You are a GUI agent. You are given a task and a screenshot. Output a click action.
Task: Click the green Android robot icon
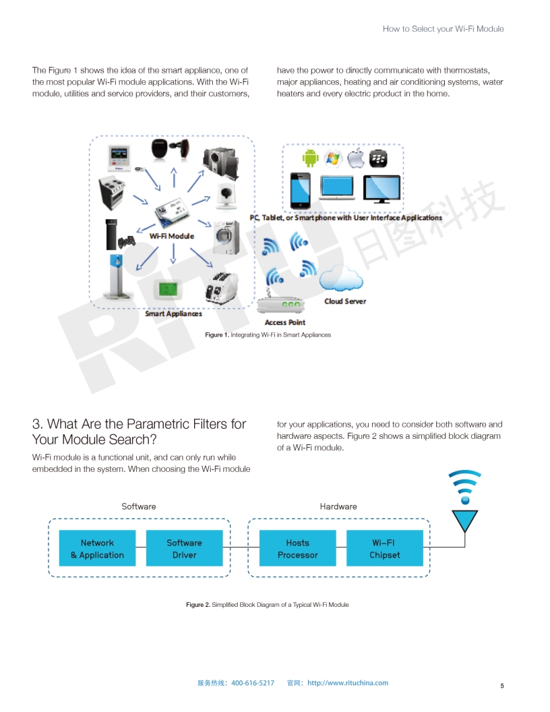pos(311,158)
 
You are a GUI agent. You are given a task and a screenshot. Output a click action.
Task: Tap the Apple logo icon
pos(356,158)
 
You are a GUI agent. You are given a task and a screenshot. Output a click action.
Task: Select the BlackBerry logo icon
pos(378,158)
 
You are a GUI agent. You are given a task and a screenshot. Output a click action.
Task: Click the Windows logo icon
pos(333,158)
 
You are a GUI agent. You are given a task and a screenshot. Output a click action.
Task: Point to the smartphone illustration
pos(301,190)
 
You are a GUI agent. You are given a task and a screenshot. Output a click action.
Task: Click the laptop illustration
pos(337,187)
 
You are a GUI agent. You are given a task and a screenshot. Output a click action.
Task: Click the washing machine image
pos(226,238)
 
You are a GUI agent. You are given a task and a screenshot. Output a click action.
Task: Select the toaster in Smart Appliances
pos(221,288)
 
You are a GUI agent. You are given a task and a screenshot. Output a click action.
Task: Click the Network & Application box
pos(97,548)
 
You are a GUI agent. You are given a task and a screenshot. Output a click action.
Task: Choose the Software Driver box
pos(184,548)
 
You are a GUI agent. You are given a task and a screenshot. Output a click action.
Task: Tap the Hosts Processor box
pos(298,548)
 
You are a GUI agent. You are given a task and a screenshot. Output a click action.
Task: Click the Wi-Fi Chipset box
pos(385,548)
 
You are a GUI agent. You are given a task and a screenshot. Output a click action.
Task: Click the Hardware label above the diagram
pos(338,506)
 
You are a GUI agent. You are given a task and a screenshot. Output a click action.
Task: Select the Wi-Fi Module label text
pos(171,236)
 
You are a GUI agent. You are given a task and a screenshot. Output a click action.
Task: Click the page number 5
pos(502,686)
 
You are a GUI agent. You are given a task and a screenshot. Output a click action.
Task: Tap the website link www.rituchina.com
pos(348,682)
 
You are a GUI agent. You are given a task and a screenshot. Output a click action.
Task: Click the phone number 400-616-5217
pos(253,683)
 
